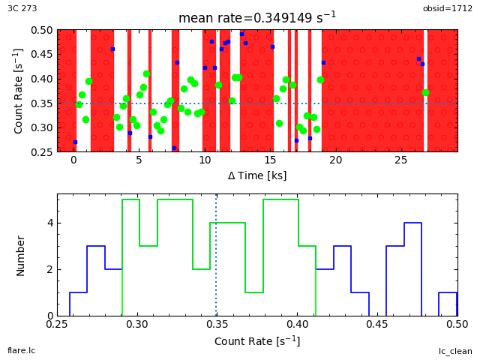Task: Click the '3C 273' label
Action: [22, 8]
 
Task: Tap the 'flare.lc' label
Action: [21, 350]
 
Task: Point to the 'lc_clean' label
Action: [455, 351]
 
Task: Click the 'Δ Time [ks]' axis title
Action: [256, 175]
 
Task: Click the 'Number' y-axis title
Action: [21, 255]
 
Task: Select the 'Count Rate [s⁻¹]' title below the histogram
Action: [256, 341]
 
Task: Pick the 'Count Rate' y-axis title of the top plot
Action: [19, 91]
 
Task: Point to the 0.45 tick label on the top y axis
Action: [42, 55]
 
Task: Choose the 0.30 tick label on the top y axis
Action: [42, 127]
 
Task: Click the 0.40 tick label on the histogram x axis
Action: [298, 325]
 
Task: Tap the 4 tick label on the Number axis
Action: [49, 223]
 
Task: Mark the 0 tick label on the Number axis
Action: [49, 316]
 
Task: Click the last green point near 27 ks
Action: [425, 93]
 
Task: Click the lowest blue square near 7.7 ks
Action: [174, 148]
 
